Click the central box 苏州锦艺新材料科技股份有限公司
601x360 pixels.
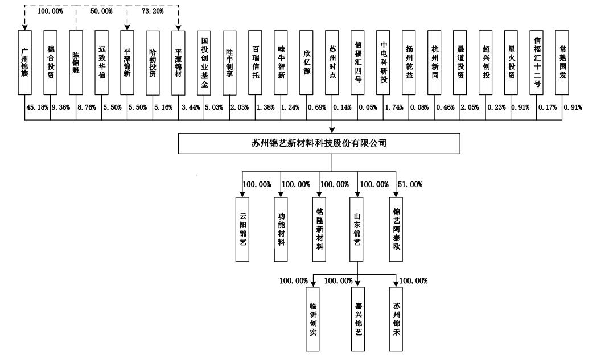[x=319, y=143]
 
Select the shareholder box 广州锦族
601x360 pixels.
[x=24, y=63]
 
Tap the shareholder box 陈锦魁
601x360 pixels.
[x=76, y=63]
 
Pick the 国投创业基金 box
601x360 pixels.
[x=204, y=63]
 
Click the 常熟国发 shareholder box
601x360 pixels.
[x=562, y=63]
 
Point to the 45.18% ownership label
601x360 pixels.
[x=37, y=107]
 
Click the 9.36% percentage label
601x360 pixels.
[x=61, y=107]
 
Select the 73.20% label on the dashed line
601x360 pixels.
[x=153, y=11]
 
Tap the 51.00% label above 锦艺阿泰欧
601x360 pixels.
[x=410, y=185]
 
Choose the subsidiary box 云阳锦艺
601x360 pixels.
[x=242, y=229]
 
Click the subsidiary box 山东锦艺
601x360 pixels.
[x=356, y=229]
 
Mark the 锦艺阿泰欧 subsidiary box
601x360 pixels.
[x=396, y=229]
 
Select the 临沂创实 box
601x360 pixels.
[x=312, y=319]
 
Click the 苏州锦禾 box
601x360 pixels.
[x=396, y=319]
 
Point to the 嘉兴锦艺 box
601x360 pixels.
[x=358, y=319]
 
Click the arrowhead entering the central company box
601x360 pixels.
[x=332, y=130]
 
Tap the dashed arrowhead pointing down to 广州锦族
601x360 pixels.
[x=24, y=28]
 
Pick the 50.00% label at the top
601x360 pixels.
[x=101, y=11]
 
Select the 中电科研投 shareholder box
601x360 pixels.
[x=383, y=63]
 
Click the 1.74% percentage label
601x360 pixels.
[x=394, y=107]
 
